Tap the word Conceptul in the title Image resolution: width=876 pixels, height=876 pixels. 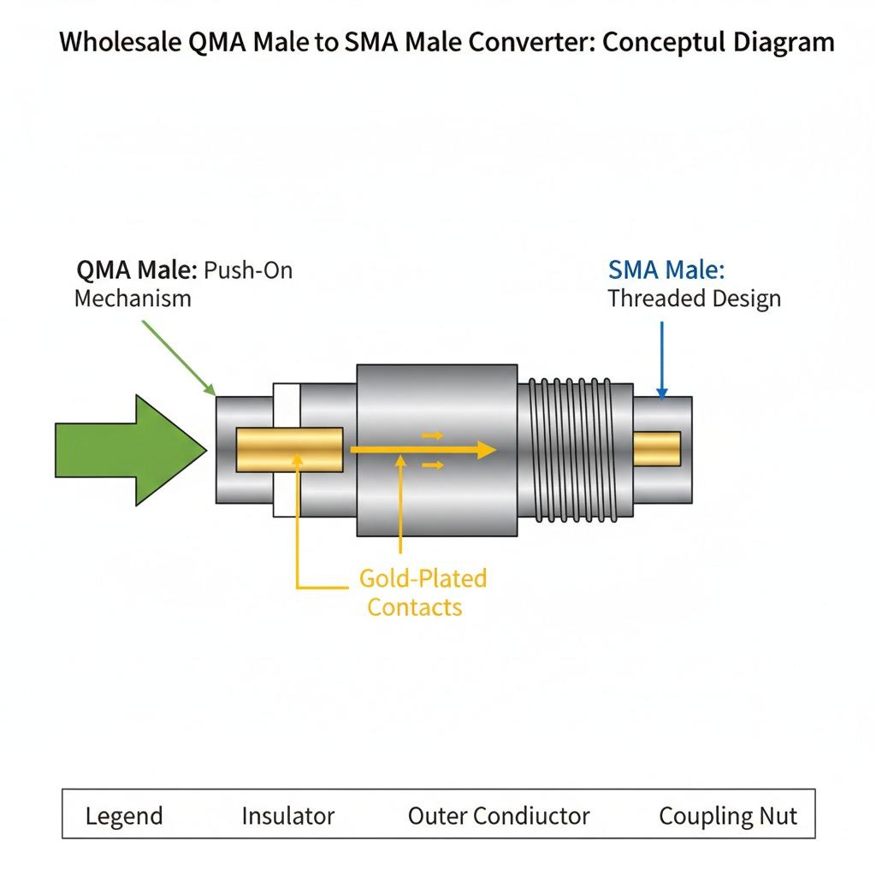[x=666, y=43]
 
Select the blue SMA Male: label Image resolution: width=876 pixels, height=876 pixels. [x=666, y=270]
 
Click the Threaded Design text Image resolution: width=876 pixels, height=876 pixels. [x=694, y=299]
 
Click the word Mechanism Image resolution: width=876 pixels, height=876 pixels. [x=133, y=299]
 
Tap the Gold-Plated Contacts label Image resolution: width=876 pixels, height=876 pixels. [x=422, y=592]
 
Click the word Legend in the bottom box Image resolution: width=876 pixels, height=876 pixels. [x=124, y=815]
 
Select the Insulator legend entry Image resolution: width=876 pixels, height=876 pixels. [x=288, y=815]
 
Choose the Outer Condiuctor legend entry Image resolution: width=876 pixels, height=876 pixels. [x=499, y=815]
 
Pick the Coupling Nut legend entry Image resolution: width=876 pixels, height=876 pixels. [x=727, y=815]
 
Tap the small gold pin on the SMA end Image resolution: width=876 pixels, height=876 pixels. [x=656, y=448]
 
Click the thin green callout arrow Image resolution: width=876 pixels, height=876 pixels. [x=176, y=356]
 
